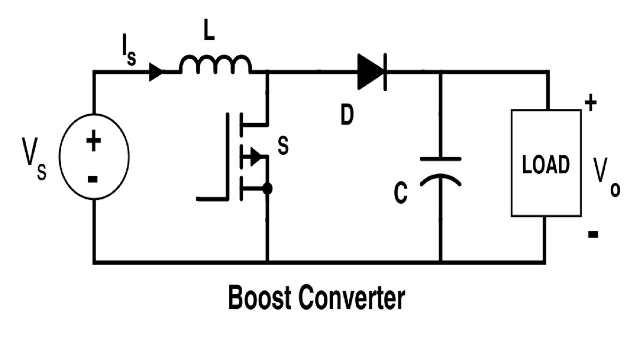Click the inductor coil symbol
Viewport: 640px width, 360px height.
click(x=215, y=65)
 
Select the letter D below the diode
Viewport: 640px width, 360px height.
click(x=347, y=116)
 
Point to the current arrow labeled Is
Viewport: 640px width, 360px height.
click(x=156, y=71)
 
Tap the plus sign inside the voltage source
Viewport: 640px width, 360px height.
click(x=93, y=142)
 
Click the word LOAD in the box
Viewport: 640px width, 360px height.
click(x=546, y=165)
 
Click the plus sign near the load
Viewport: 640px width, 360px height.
click(x=590, y=102)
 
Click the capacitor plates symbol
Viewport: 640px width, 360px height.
click(x=441, y=170)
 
